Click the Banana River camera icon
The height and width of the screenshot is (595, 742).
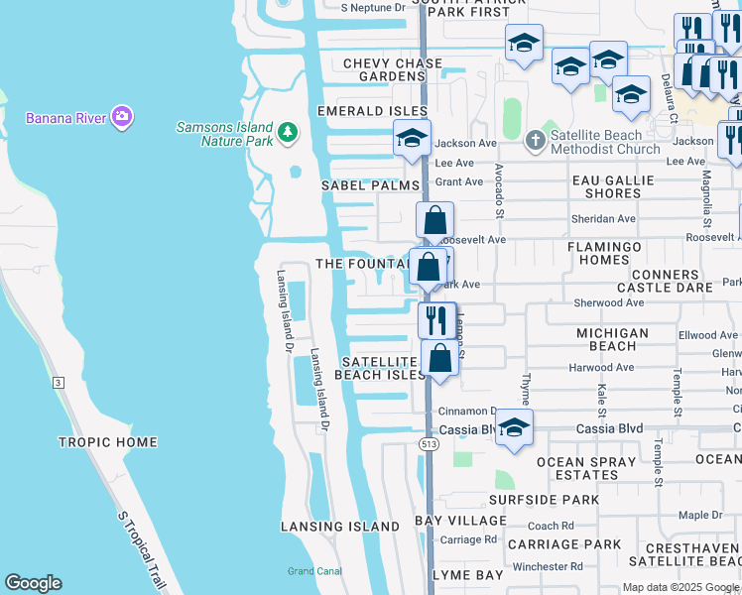tap(122, 118)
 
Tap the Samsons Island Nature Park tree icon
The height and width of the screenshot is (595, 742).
tap(288, 133)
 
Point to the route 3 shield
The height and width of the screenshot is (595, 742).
tap(59, 382)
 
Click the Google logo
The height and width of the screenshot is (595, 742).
tap(34, 583)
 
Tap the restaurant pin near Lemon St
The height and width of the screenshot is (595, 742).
tap(436, 319)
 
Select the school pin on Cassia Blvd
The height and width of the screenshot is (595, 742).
tap(514, 427)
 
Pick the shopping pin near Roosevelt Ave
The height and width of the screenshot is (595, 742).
tap(434, 220)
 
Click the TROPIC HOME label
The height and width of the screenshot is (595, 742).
tap(107, 442)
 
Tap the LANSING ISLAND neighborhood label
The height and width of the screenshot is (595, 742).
tap(339, 527)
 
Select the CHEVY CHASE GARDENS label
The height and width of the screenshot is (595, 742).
tap(371, 69)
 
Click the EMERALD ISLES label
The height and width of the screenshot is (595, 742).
tap(372, 111)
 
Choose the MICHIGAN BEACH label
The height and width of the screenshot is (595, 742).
tap(612, 339)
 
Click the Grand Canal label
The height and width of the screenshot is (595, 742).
tap(314, 571)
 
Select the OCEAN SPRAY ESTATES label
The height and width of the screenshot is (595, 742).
tap(586, 468)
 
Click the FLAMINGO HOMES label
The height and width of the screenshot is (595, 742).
tap(612, 253)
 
